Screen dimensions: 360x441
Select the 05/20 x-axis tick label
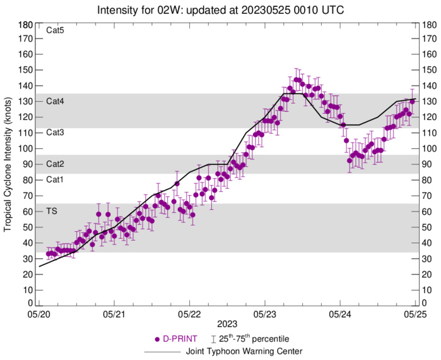coord(39,314)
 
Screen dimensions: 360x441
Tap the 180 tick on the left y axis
coord(26,25)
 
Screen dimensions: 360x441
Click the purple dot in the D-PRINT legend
coord(157,339)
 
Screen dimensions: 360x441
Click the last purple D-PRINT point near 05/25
coord(412,101)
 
